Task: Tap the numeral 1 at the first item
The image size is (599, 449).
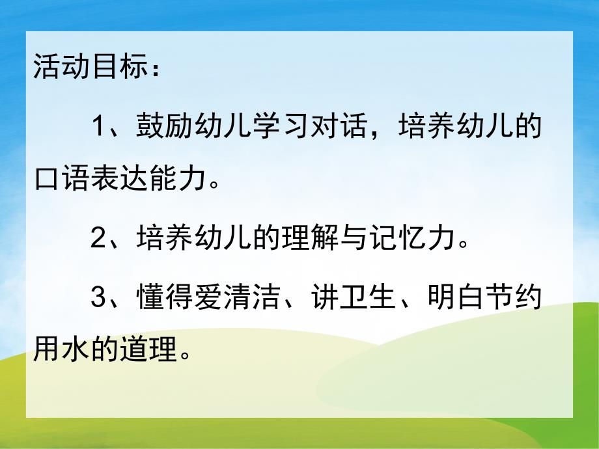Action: (x=98, y=126)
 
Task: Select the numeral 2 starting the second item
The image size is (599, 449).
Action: (x=98, y=240)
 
